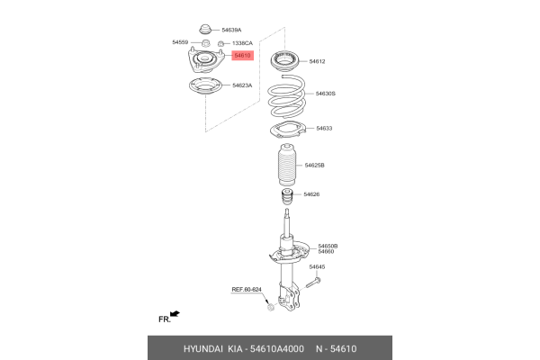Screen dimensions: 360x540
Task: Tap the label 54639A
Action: pyautogui.click(x=233, y=30)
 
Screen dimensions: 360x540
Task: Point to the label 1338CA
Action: pyautogui.click(x=242, y=42)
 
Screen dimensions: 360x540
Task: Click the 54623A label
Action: pyautogui.click(x=242, y=85)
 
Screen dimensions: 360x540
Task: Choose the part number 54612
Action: pyautogui.click(x=317, y=61)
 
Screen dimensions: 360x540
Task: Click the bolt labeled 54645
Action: pyautogui.click(x=313, y=282)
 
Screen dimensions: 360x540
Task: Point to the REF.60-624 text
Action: pyautogui.click(x=247, y=289)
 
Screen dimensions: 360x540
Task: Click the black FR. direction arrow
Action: pyautogui.click(x=175, y=314)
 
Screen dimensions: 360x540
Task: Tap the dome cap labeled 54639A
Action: pyautogui.click(x=204, y=29)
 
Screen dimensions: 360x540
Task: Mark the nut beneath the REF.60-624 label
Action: pyautogui.click(x=270, y=309)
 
